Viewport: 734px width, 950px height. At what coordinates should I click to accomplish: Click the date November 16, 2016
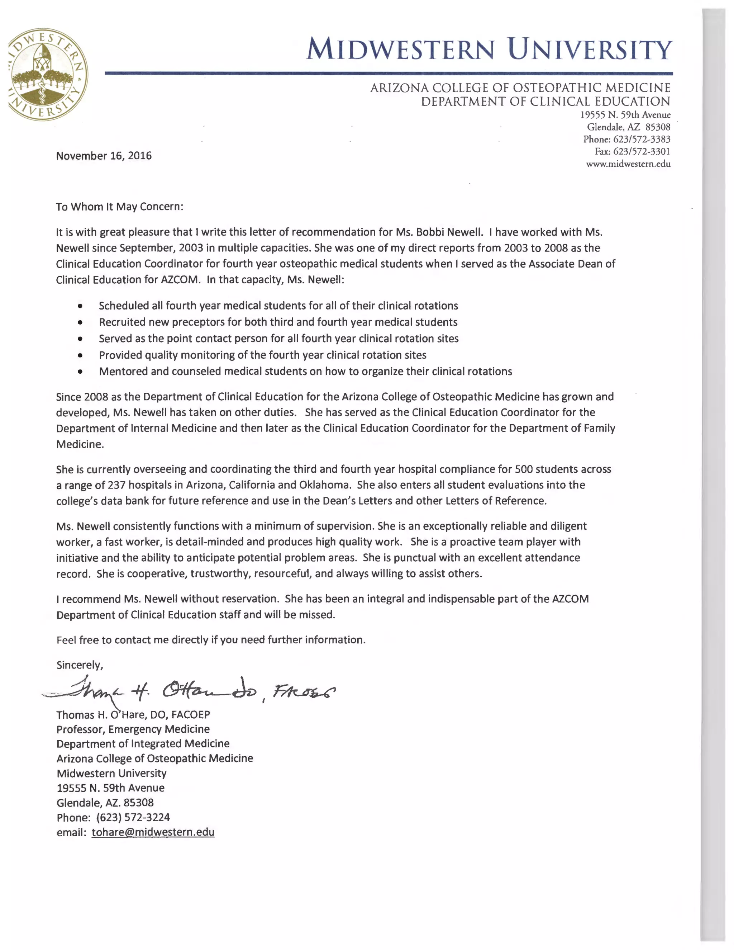pos(104,156)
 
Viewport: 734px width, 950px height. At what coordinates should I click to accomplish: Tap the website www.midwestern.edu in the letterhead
pos(628,164)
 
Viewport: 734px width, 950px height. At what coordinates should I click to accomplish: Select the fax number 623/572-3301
pos(642,151)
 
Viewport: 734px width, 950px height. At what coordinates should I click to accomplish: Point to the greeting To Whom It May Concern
pos(120,207)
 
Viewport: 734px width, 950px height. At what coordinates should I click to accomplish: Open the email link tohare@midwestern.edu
pos(153,832)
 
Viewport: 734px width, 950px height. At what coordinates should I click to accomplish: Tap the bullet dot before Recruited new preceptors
pos(80,322)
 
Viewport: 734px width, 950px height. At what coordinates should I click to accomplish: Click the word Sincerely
pos(79,665)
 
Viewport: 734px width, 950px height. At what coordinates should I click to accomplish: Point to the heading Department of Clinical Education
pos(546,102)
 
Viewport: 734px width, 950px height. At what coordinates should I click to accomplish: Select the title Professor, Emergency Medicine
pos(133,729)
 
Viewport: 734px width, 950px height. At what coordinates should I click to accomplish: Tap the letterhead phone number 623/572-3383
pos(642,139)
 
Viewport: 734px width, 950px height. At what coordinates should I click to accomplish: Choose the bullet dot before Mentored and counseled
pos(80,372)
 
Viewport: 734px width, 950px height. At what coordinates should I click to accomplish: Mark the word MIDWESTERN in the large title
pos(400,49)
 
